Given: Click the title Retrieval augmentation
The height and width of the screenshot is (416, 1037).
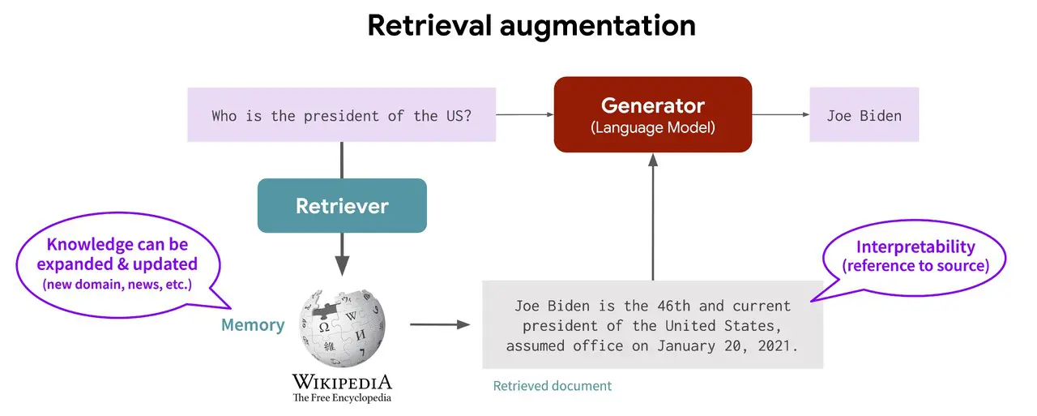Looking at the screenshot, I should click(531, 26).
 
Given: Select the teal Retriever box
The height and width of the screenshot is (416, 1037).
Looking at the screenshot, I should click(342, 206).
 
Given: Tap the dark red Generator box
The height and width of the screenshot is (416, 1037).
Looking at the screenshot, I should click(652, 114).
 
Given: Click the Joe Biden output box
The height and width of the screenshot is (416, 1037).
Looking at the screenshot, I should click(864, 115).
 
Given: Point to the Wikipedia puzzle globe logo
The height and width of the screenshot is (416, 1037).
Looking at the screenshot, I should click(343, 328).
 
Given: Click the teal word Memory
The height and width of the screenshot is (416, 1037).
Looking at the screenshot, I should click(253, 325).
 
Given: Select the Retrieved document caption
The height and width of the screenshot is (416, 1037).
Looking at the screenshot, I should click(553, 386).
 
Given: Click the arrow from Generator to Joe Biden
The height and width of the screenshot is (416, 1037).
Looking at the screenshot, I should click(781, 115).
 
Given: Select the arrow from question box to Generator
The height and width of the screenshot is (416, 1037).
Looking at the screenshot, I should click(524, 115).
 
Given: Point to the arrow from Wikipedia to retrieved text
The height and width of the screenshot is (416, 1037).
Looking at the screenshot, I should click(440, 325).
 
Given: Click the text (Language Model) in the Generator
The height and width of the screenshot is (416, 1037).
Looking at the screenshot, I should click(652, 127).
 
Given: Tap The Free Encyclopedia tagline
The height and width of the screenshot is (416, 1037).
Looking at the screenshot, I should click(342, 398).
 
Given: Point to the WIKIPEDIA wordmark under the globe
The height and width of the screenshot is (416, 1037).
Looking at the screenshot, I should click(342, 382).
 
